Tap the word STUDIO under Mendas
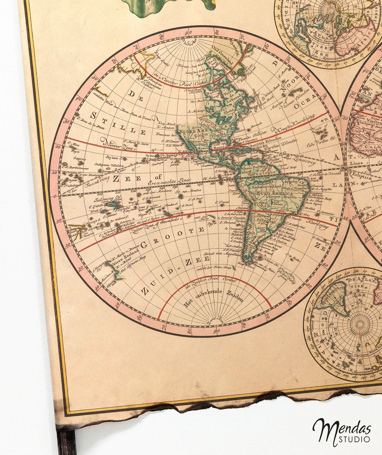[357, 439]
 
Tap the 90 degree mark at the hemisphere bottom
[216, 331]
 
